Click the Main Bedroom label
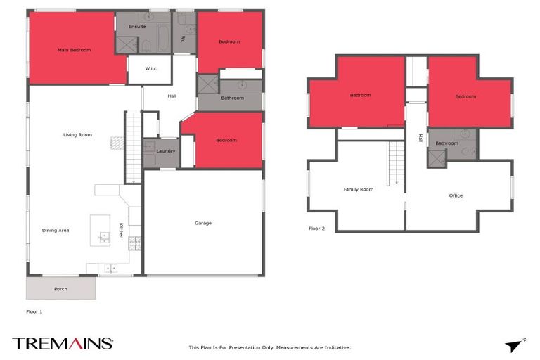(x=74, y=50)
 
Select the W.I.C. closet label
(x=152, y=69)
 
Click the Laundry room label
(x=166, y=150)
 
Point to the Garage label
(x=203, y=223)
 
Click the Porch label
(x=61, y=289)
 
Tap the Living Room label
(x=77, y=134)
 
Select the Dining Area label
(x=55, y=230)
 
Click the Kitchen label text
(x=121, y=230)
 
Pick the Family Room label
(x=358, y=189)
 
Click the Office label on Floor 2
(x=456, y=195)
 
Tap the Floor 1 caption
(x=34, y=310)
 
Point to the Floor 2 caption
(x=317, y=229)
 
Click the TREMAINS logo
(x=63, y=343)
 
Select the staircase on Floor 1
(x=134, y=148)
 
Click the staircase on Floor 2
(x=397, y=163)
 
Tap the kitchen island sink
(x=104, y=237)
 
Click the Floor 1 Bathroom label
(x=232, y=98)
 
